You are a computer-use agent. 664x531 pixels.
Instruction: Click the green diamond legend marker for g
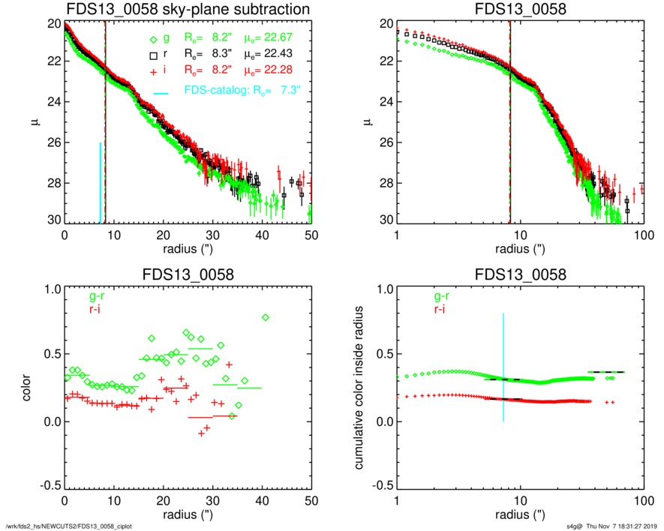tap(154, 40)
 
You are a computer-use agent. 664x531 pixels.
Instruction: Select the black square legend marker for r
tap(154, 55)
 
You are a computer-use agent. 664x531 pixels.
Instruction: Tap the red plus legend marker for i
tap(154, 70)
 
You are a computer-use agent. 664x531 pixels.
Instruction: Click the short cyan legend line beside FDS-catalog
tap(161, 93)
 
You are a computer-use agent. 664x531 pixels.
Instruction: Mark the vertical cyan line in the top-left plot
tap(100, 183)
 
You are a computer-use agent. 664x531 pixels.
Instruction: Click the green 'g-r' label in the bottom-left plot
tap(78, 296)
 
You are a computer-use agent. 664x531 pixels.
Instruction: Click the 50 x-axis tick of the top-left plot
tap(311, 235)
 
